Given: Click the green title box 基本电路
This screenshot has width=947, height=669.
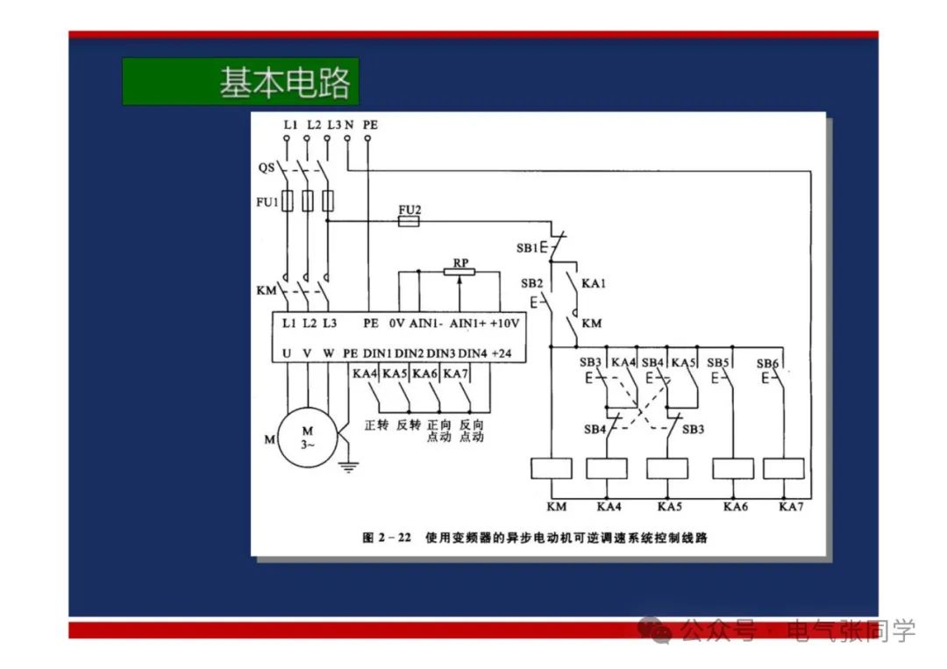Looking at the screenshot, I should pyautogui.click(x=240, y=82).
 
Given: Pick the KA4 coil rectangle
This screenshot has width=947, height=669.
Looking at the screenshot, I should pyautogui.click(x=606, y=468).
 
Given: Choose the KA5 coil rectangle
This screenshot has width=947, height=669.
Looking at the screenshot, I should pyautogui.click(x=667, y=468).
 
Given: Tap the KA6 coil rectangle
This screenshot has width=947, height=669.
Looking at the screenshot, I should pyautogui.click(x=732, y=468).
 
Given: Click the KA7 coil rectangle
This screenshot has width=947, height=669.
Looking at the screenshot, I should pyautogui.click(x=783, y=468).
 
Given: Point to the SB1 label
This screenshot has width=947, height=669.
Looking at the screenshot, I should pyautogui.click(x=526, y=248).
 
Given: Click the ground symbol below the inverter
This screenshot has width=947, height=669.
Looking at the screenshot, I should pyautogui.click(x=349, y=466).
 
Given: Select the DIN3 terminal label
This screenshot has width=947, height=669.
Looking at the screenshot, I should pyautogui.click(x=441, y=352).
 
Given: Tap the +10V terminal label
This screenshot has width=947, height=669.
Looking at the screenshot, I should pyautogui.click(x=504, y=323).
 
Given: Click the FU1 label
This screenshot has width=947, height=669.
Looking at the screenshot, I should pyautogui.click(x=266, y=203).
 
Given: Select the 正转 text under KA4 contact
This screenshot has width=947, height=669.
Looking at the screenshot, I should pyautogui.click(x=376, y=425).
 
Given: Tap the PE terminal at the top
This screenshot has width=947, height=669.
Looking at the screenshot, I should pyautogui.click(x=370, y=125).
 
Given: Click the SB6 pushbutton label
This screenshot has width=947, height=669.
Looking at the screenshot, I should pyautogui.click(x=766, y=362).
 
